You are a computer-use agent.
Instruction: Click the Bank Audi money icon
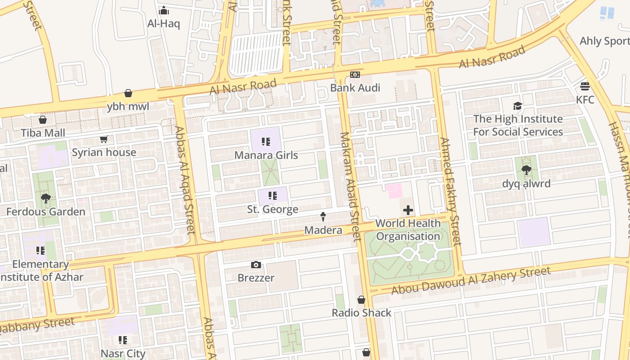tap(355, 75)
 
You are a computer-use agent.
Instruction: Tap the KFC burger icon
tap(585, 86)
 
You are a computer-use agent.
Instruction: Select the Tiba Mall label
tap(43, 133)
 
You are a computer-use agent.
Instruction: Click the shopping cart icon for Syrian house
tap(104, 139)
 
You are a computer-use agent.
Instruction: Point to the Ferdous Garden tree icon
tap(45, 198)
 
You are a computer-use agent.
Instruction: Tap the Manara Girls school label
tap(266, 155)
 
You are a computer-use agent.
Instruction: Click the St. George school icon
tap(272, 196)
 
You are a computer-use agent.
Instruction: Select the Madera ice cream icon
tap(323, 217)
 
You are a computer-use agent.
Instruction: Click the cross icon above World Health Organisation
tap(408, 210)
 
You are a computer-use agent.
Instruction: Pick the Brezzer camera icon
tap(256, 265)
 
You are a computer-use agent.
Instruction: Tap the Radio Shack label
tap(361, 313)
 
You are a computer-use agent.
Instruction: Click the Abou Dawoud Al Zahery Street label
tap(471, 281)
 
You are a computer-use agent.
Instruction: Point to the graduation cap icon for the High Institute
tap(517, 106)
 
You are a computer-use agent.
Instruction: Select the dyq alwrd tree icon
tap(526, 170)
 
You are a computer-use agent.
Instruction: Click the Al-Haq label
tap(163, 23)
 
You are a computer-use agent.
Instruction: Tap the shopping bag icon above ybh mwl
tap(128, 94)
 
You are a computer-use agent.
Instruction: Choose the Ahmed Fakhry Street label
tap(450, 191)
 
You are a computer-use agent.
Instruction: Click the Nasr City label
tap(123, 353)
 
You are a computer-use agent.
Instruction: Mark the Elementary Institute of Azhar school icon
tap(40, 250)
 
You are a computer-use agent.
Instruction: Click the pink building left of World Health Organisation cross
tap(394, 190)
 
